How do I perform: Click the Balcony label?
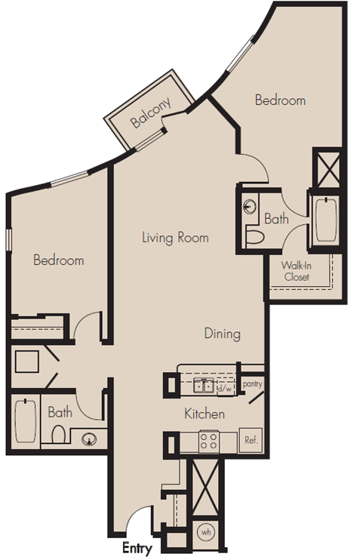point(151,112)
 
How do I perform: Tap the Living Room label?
point(175,237)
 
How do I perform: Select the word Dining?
point(223,334)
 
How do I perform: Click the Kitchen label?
point(205,414)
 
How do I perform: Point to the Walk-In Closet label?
point(297,271)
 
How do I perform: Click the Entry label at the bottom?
point(137,548)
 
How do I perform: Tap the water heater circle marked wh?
point(206,532)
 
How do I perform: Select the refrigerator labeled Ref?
point(251,440)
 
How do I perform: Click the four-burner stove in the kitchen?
point(208,442)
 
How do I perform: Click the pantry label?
point(253,384)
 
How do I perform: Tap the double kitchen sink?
point(204,386)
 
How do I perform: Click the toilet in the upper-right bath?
point(255,237)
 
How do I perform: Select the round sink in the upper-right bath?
point(250,207)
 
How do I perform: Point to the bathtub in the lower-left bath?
point(26,421)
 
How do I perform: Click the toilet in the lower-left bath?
point(58,435)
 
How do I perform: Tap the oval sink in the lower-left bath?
point(88,440)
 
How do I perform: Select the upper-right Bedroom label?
point(281,100)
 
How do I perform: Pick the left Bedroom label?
point(59,260)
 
